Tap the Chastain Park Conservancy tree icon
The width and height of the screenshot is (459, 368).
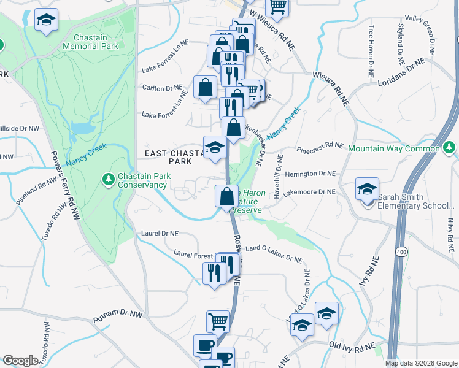pos(109,178)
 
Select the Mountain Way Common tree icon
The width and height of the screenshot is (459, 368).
pos(450,148)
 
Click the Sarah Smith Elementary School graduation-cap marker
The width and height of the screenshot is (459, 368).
pos(367,189)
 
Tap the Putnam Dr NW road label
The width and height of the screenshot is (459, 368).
pos(118,317)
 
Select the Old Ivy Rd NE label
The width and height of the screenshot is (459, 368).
pos(352,347)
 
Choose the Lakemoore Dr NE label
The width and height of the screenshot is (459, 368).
pos(313,192)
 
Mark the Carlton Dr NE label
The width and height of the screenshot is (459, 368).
pos(162,88)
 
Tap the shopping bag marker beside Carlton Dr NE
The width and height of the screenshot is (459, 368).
pos(204,87)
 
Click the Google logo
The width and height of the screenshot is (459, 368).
pos(20,361)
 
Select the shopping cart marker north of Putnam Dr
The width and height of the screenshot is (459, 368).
pos(218,321)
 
